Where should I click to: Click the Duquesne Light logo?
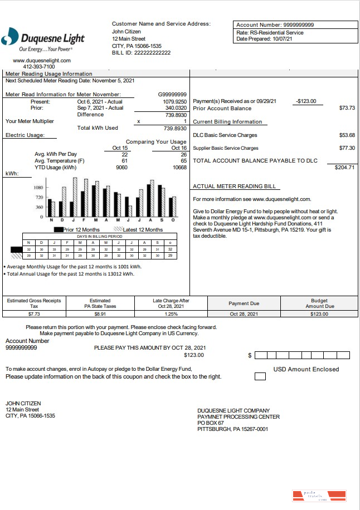tap(43, 38)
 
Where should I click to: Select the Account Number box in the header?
tap(295, 25)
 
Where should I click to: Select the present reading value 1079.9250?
tap(174, 102)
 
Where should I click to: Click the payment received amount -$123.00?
tap(306, 101)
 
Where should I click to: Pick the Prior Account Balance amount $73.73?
tap(347, 108)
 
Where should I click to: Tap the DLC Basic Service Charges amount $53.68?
tap(347, 135)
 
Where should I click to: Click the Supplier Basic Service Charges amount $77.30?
tap(347, 148)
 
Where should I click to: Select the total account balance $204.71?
tap(344, 167)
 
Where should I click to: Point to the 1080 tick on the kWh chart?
tap(39, 188)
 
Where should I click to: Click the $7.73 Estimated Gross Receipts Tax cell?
tap(34, 314)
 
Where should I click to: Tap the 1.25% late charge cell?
tap(171, 314)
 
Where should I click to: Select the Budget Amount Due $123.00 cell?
tap(319, 314)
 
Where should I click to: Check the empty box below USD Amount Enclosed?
tap(260, 376)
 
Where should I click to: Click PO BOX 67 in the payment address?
tap(210, 423)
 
